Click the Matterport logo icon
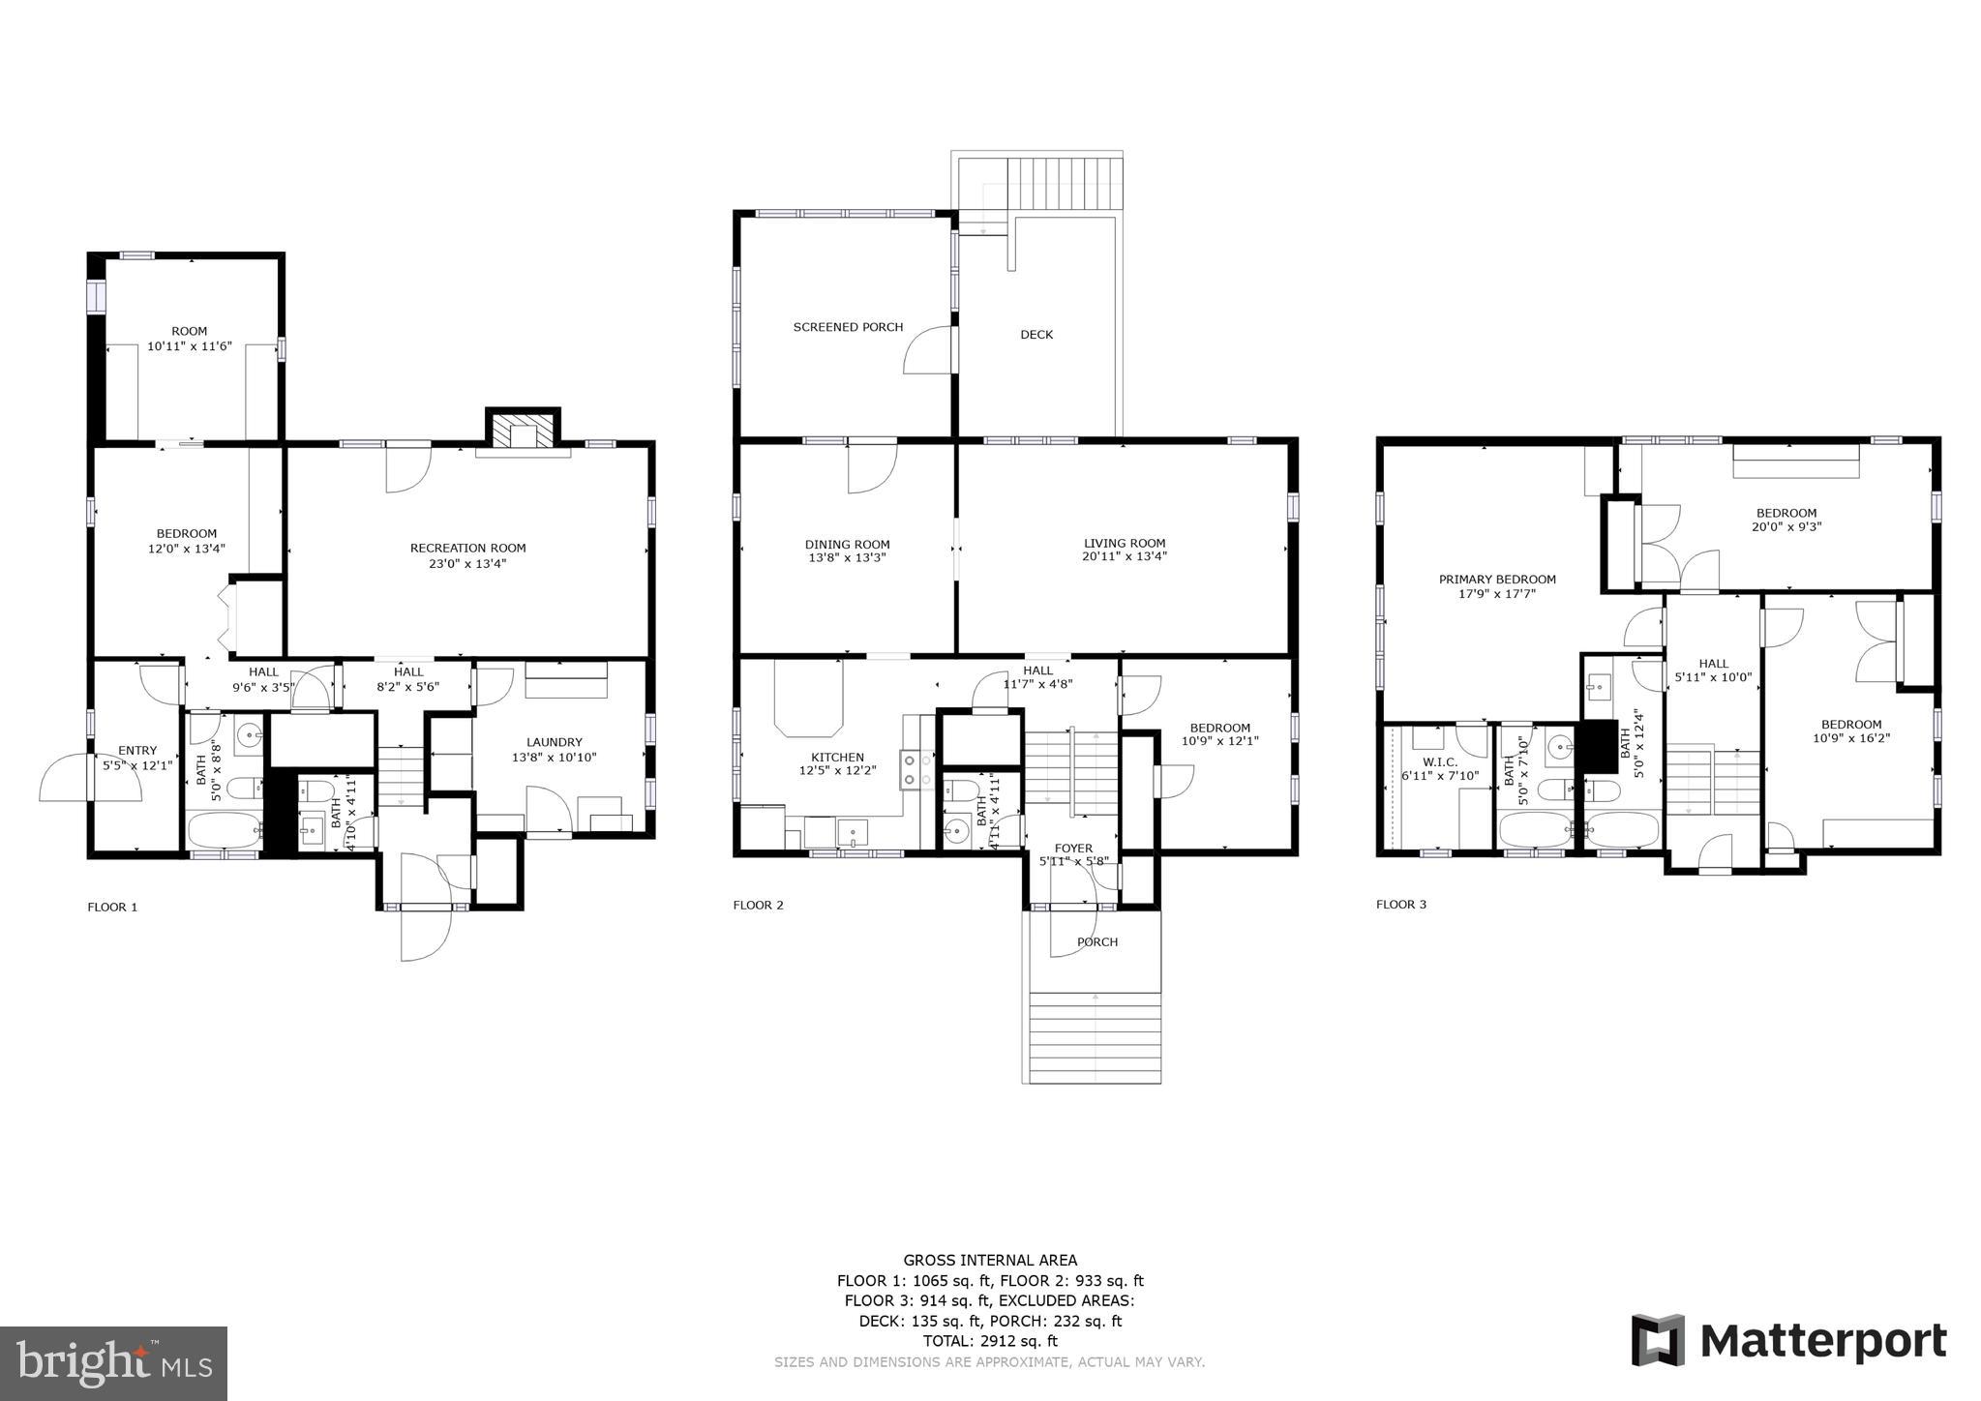tap(1659, 1340)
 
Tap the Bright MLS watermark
tap(113, 1363)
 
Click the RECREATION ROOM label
tap(467, 548)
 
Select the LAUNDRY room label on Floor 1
tap(555, 742)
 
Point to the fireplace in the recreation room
tap(523, 431)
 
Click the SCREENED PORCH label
tap(848, 327)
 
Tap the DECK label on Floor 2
tap(1036, 335)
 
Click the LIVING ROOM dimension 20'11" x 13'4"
tap(1124, 556)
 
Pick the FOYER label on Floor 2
tap(1073, 849)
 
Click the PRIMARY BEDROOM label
tap(1496, 580)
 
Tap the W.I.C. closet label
tap(1440, 762)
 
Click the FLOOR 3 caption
tap(1400, 905)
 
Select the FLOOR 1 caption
tap(112, 907)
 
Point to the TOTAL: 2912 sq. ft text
tap(990, 1341)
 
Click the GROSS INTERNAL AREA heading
tap(990, 1260)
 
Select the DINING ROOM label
tap(847, 545)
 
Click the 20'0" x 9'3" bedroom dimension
tap(1786, 527)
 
